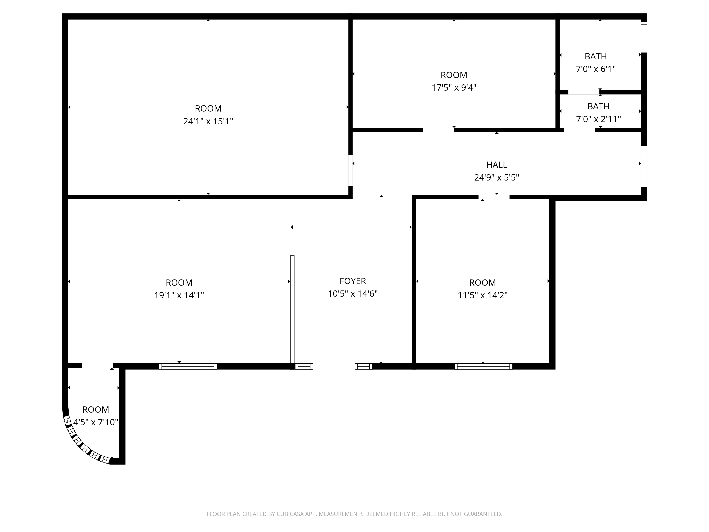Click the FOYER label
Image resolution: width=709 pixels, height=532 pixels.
pyautogui.click(x=353, y=281)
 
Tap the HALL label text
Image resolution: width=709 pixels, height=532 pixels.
pyautogui.click(x=496, y=165)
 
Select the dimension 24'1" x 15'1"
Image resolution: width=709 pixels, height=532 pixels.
pyautogui.click(x=208, y=121)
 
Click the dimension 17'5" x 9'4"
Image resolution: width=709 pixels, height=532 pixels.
pyautogui.click(x=454, y=88)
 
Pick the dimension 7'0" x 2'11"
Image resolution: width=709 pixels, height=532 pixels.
pyautogui.click(x=598, y=119)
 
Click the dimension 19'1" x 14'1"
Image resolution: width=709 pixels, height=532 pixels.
pyautogui.click(x=179, y=295)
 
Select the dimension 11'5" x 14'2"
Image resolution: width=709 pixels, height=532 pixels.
pyautogui.click(x=482, y=295)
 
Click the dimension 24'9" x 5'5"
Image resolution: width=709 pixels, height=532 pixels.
pyautogui.click(x=496, y=177)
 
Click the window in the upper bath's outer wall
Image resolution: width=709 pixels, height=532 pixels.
pyautogui.click(x=644, y=37)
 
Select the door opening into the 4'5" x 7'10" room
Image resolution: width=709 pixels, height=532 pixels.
pyautogui.click(x=97, y=365)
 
